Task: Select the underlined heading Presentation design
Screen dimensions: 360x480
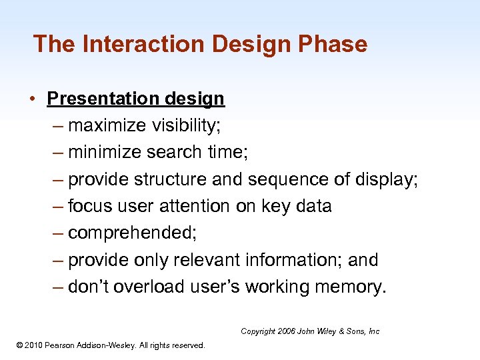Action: [x=135, y=99]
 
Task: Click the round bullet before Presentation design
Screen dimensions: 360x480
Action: [x=32, y=99]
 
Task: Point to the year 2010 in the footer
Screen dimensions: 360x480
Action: [x=34, y=345]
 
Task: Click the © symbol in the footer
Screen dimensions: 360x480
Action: [x=19, y=345]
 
